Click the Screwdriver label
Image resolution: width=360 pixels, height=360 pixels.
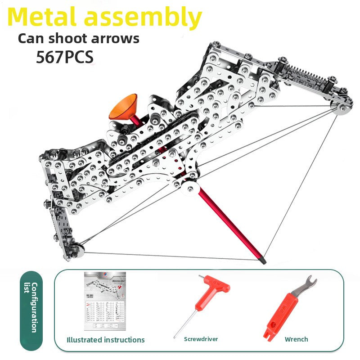201,339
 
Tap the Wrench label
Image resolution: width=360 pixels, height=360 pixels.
297,339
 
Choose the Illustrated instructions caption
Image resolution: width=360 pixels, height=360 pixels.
106,340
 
